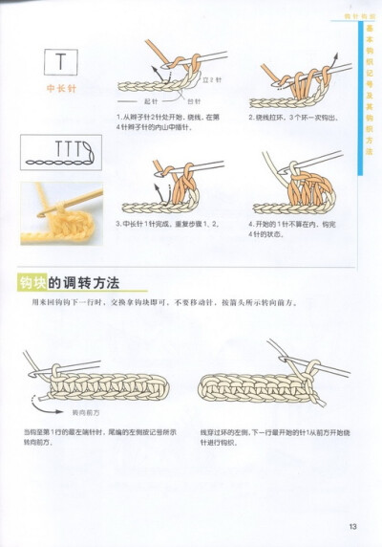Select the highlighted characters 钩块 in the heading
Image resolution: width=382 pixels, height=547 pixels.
tap(34, 283)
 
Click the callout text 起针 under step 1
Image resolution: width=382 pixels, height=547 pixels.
tap(151, 100)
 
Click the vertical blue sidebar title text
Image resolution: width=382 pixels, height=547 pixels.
tap(370, 91)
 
